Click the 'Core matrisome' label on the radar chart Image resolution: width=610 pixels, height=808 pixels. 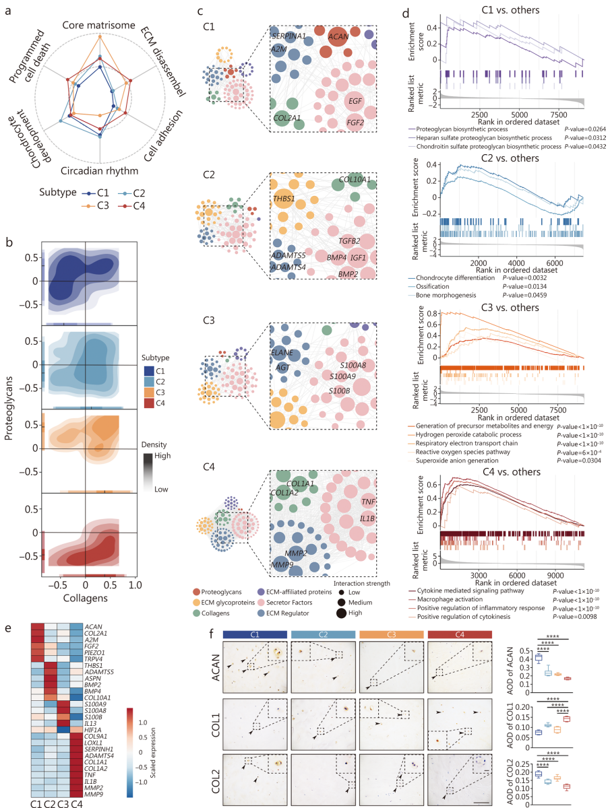(100, 25)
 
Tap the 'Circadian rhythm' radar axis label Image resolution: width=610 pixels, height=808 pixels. (100, 170)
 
